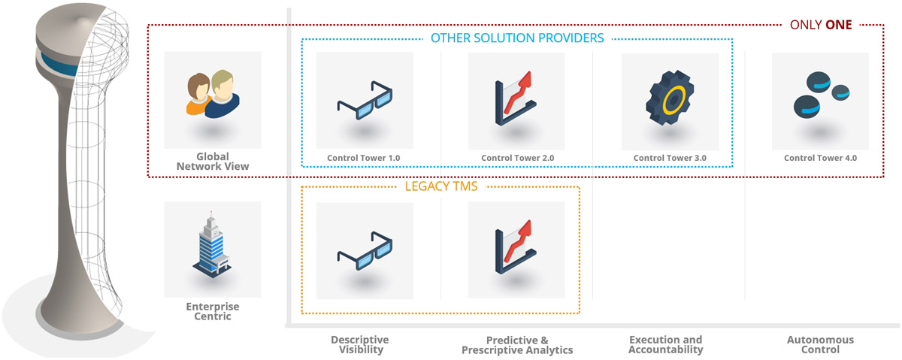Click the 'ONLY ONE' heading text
coord(821,24)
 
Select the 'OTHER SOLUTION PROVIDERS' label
coord(517,38)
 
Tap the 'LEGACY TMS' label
coord(442,186)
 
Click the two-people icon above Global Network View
coord(213,94)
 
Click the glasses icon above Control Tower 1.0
coord(365,101)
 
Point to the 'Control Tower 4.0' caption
coord(820,158)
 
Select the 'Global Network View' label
coord(213,162)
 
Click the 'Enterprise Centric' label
coord(213,311)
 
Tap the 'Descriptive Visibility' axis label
coord(360,344)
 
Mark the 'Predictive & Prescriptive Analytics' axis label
coord(517,344)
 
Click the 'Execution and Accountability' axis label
coord(666,344)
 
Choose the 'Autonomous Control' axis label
coord(820,344)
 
